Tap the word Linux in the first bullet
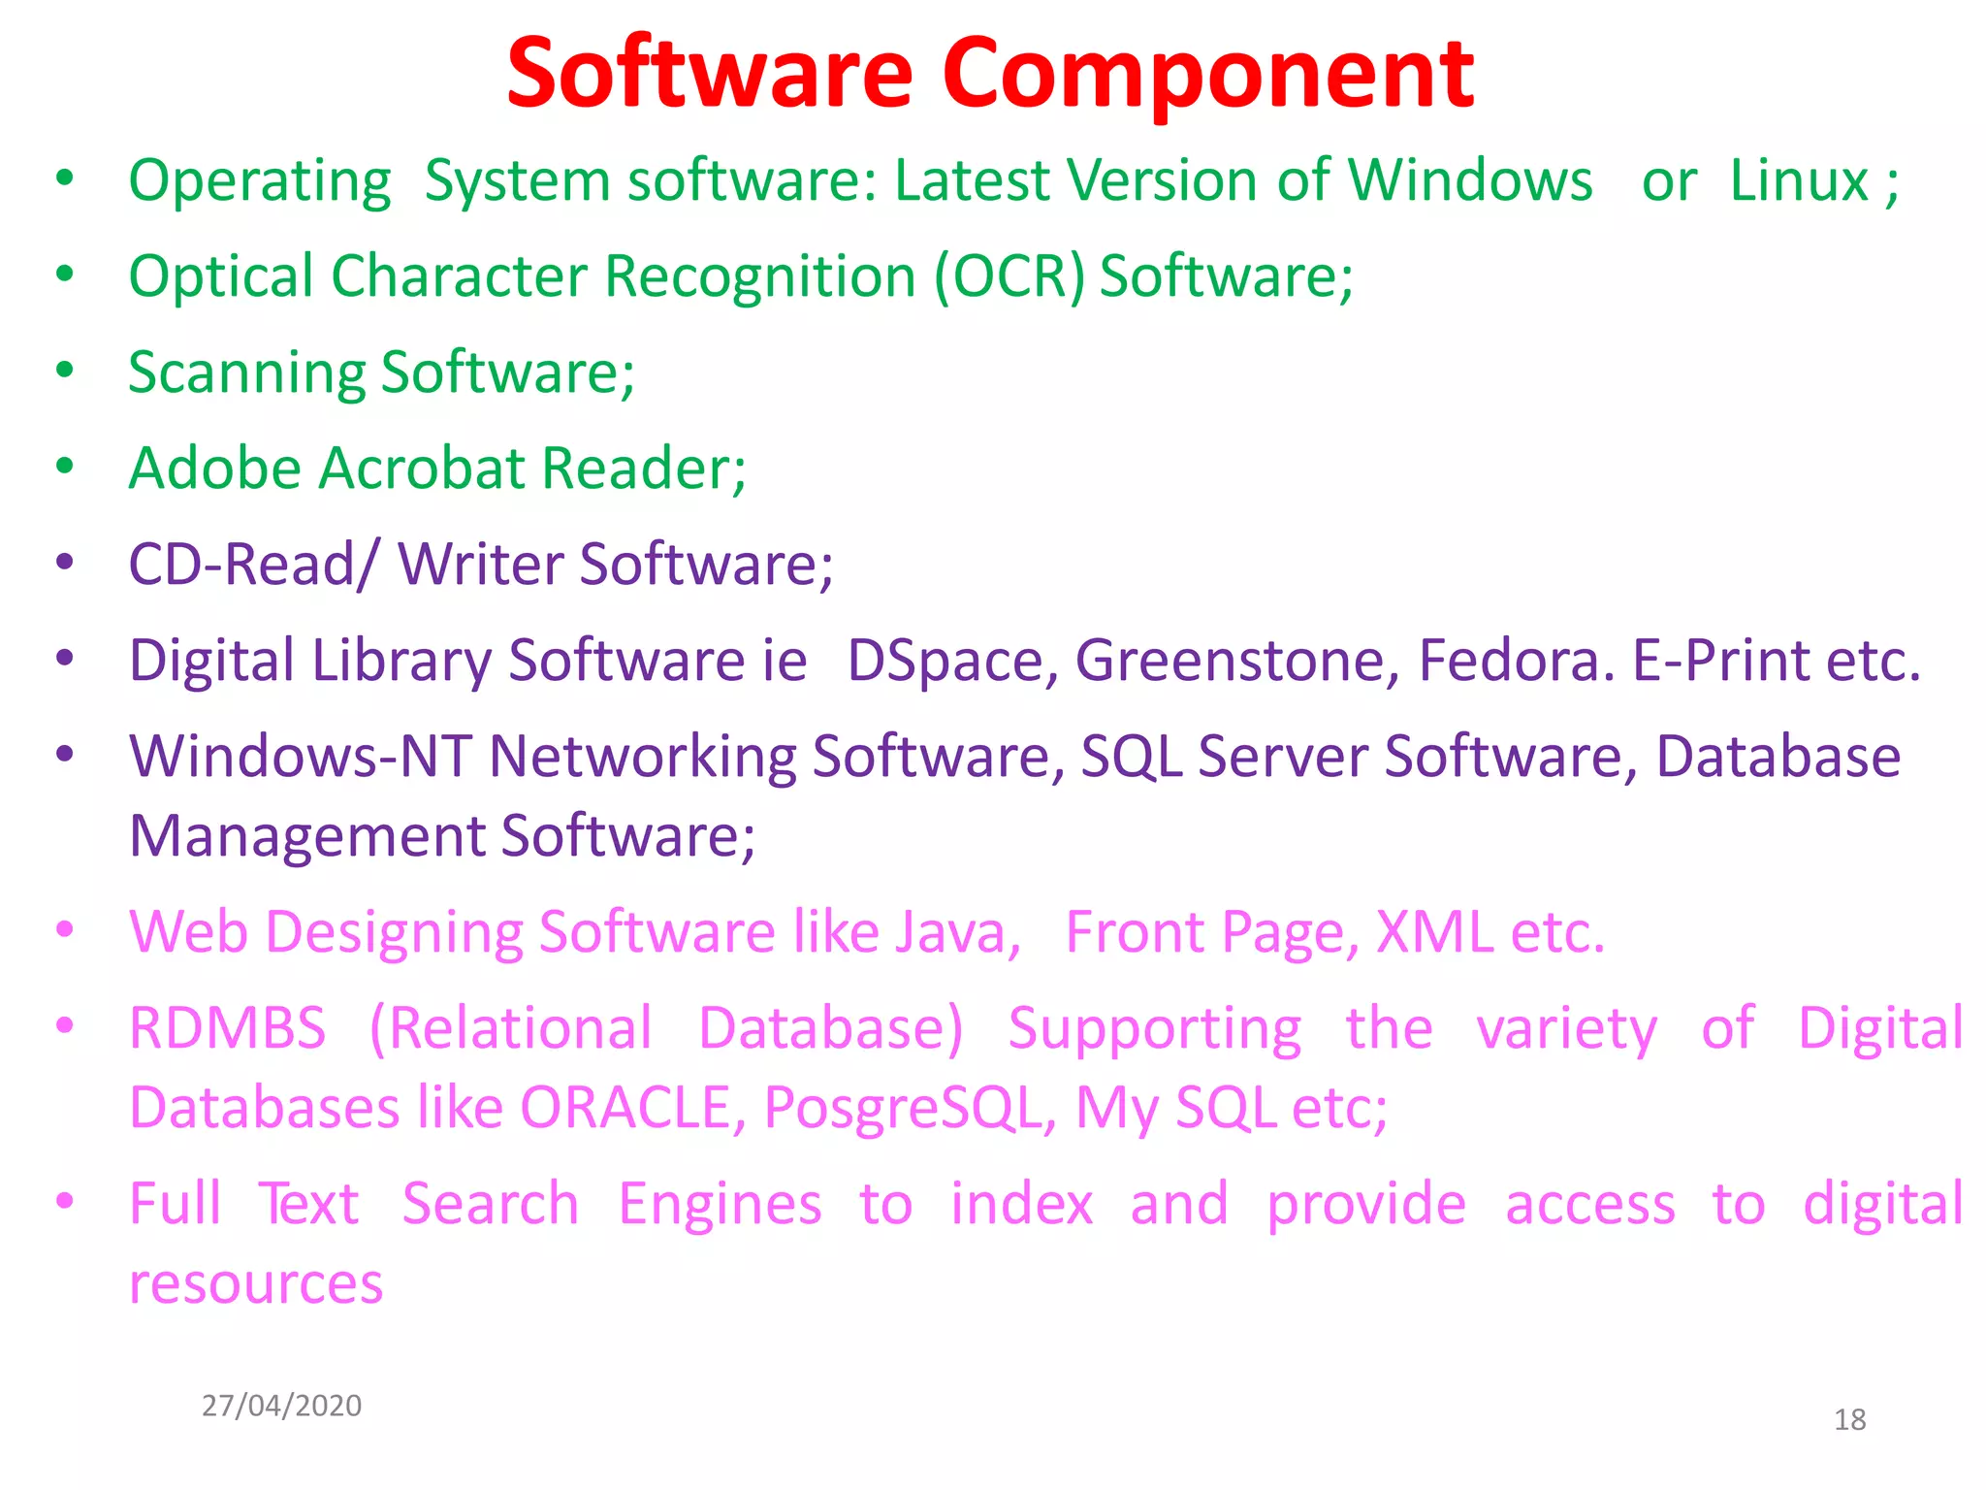click(x=1799, y=181)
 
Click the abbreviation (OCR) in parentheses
click(x=1009, y=277)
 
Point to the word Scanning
click(x=246, y=373)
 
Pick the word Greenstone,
click(x=1236, y=662)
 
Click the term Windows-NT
click(x=301, y=757)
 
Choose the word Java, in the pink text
click(x=957, y=933)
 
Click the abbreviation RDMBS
click(x=228, y=1028)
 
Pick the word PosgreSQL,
click(x=910, y=1108)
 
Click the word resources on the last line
click(x=256, y=1284)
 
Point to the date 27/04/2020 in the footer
click(x=281, y=1406)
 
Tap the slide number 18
click(x=1849, y=1420)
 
